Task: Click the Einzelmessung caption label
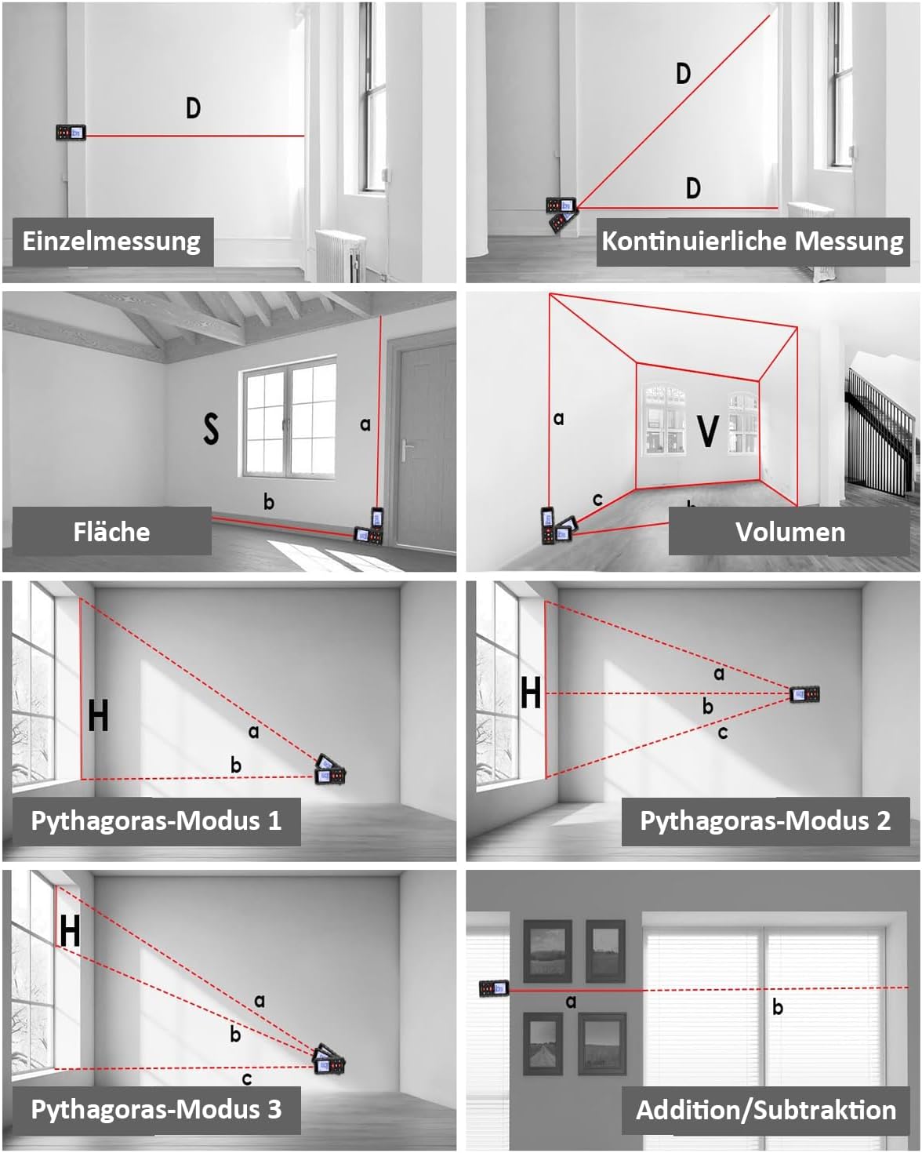coord(111,241)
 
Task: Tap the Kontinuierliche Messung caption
coord(752,241)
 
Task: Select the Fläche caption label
coord(111,532)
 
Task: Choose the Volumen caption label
coord(790,532)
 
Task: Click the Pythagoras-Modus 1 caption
coord(155,820)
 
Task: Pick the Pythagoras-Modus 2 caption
coord(765,820)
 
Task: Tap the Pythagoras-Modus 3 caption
coord(155,1109)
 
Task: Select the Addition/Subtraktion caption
coord(765,1110)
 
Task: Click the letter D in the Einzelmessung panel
coord(193,107)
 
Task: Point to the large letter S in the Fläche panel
coord(211,428)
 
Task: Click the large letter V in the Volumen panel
coord(707,431)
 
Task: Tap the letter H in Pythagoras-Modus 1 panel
coord(98,715)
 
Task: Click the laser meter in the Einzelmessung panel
coord(71,133)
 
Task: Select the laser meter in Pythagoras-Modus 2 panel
coord(805,693)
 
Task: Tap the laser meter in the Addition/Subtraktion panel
coord(494,988)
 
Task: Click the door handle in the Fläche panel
coord(406,452)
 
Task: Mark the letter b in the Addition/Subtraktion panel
coord(777,1007)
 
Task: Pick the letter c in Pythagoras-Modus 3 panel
coord(247,1079)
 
